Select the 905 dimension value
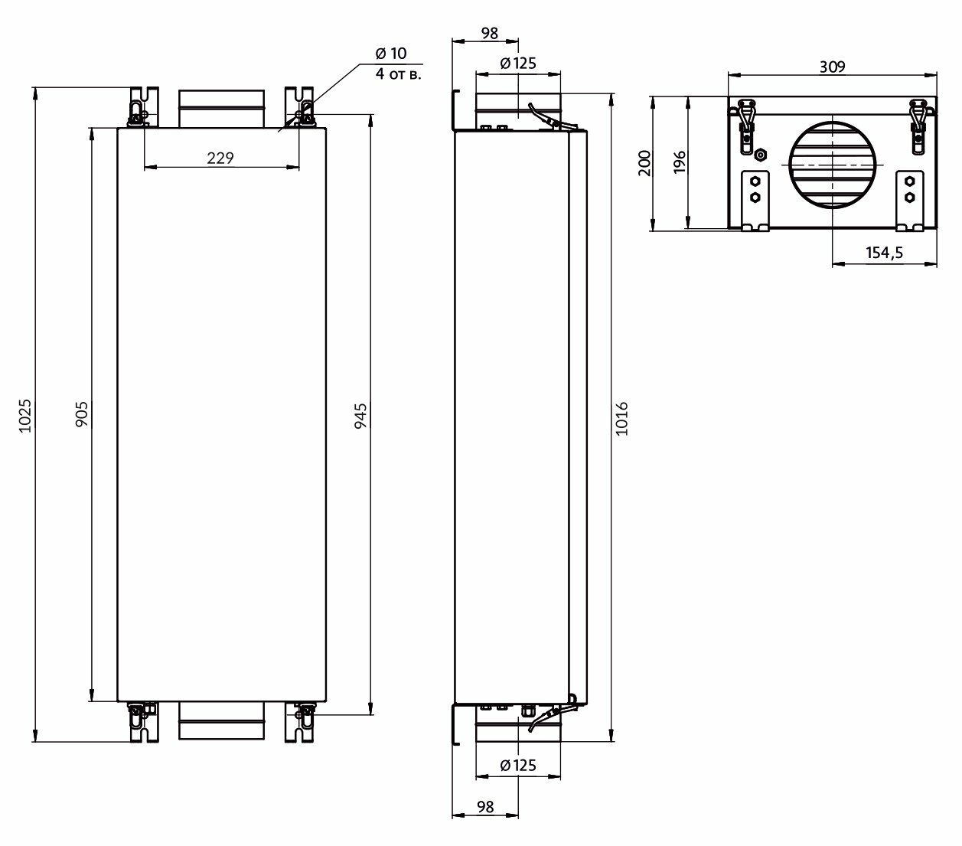pyautogui.click(x=82, y=413)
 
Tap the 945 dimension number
pyautogui.click(x=361, y=416)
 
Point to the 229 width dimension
pyautogui.click(x=220, y=158)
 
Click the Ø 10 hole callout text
pyautogui.click(x=391, y=53)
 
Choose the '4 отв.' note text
pyautogui.click(x=398, y=73)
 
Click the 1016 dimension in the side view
pyautogui.click(x=621, y=418)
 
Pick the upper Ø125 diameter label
pyautogui.click(x=518, y=64)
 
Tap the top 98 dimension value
pyautogui.click(x=490, y=33)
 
